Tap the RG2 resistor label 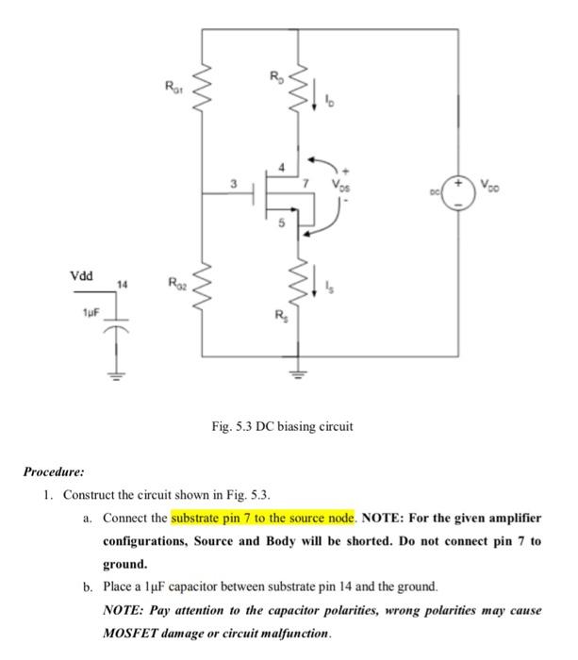(x=173, y=281)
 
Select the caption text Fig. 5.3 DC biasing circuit (x=282, y=426)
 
